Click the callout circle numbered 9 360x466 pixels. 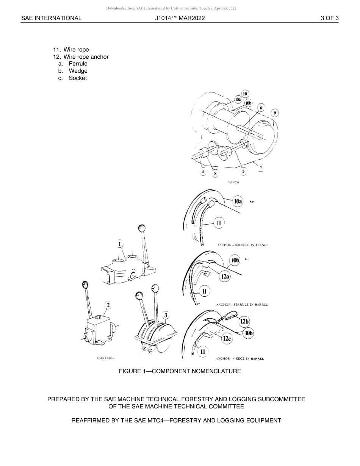point(275,113)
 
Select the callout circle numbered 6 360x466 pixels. point(260,108)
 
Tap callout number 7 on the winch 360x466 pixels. point(261,167)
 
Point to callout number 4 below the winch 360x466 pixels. point(203,172)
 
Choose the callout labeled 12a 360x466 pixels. point(225,277)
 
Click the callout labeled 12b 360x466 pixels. point(244,322)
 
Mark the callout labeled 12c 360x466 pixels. point(227,338)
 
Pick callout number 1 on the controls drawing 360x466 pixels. point(120,244)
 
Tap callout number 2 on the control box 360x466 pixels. point(108,305)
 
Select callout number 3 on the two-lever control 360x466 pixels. point(165,315)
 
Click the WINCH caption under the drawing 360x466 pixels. point(233,183)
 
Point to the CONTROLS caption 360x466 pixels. point(106,358)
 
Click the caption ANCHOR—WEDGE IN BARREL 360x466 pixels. point(240,358)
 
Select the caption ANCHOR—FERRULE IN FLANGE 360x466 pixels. point(243,245)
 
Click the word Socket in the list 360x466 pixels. point(78,78)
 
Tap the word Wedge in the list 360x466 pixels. point(78,71)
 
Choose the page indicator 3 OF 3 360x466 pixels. point(329,18)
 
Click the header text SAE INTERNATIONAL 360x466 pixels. point(51,18)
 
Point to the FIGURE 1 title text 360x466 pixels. point(180,371)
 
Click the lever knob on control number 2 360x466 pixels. point(85,285)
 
